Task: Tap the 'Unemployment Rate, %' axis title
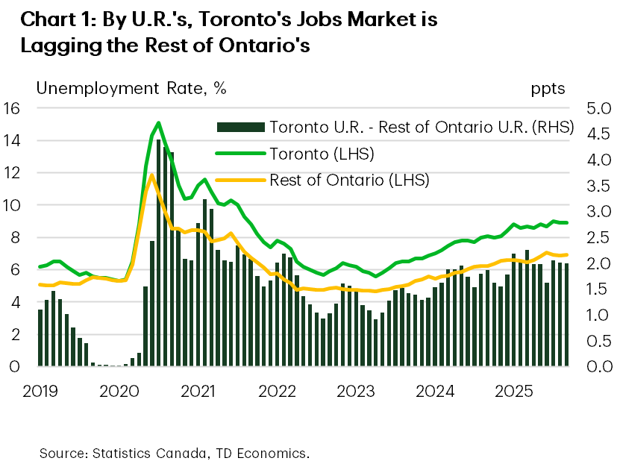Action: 131,88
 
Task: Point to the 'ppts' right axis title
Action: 548,88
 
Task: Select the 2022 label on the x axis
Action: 277,391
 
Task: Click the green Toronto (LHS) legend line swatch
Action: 239,154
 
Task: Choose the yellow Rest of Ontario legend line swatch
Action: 239,180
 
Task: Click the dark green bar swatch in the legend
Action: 239,127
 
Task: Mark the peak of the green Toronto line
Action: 158,122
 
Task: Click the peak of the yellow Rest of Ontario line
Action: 151,175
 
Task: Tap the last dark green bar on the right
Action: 566,315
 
